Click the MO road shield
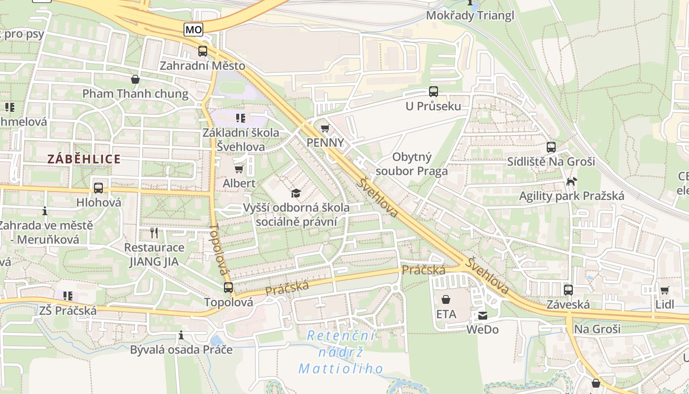193,30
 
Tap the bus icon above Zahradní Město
202,51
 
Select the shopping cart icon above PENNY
325,129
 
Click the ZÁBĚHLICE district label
84,159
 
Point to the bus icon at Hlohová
98,188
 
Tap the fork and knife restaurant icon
155,232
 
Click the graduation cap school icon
296,193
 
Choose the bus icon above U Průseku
433,92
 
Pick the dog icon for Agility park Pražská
571,182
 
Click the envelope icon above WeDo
482,316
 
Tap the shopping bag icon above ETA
446,299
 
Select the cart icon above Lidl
664,290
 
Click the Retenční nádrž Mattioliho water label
341,352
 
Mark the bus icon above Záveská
568,290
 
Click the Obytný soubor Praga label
411,164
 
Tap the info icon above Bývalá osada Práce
181,335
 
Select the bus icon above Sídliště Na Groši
551,147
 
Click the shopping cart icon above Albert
239,169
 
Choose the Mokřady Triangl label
470,15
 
